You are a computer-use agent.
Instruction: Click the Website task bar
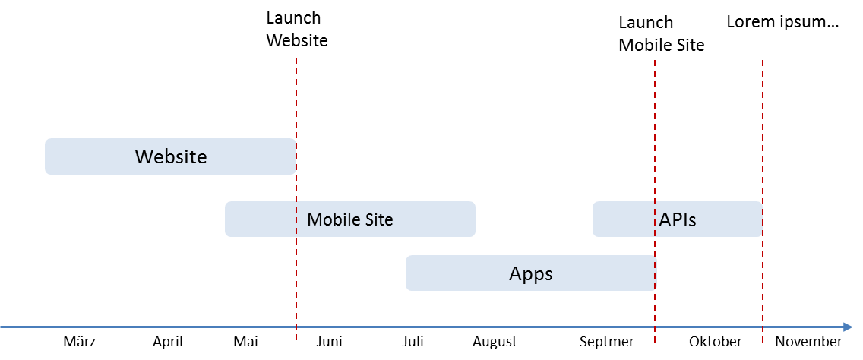tap(170, 156)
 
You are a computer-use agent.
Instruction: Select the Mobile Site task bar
tap(349, 219)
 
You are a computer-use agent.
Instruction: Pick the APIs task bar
tap(677, 219)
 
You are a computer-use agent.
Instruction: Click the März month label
tap(79, 342)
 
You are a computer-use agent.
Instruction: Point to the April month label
tap(167, 342)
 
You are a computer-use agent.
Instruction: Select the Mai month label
tap(246, 342)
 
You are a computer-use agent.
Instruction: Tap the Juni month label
tap(329, 342)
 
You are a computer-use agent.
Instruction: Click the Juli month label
tap(413, 342)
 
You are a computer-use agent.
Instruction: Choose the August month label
tap(495, 342)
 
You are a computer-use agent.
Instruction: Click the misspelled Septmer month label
tap(606, 342)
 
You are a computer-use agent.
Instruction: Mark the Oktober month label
tap(715, 342)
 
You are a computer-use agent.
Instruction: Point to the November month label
tap(808, 342)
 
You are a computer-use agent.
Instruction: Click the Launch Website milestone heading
tap(296, 30)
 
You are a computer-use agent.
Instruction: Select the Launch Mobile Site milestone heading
tap(661, 34)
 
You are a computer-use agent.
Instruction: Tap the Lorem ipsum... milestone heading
tap(782, 22)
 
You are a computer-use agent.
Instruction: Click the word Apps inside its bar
tap(530, 273)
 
